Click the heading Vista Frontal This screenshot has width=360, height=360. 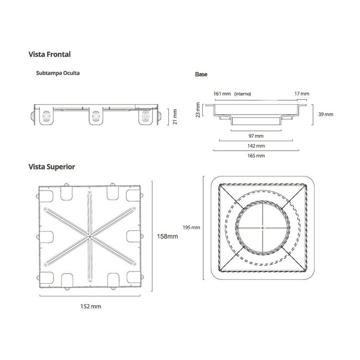(x=50, y=54)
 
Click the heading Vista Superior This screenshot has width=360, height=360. (x=52, y=167)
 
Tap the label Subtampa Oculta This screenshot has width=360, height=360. (x=58, y=73)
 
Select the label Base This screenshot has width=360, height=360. (x=201, y=74)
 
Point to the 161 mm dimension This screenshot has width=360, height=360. (x=222, y=94)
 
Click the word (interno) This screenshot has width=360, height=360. (x=243, y=94)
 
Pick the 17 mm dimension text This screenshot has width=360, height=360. (x=302, y=94)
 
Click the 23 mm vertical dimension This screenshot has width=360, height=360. (x=198, y=110)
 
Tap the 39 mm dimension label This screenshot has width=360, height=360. (x=326, y=114)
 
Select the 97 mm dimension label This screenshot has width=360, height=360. (x=256, y=136)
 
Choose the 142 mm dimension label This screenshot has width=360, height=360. (x=256, y=146)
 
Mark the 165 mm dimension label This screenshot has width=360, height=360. (x=256, y=156)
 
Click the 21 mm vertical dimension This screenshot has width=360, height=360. (x=175, y=117)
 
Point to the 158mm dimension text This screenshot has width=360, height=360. (x=167, y=236)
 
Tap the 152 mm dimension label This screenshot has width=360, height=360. (x=91, y=306)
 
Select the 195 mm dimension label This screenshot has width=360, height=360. (x=191, y=228)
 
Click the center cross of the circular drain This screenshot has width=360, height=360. (x=263, y=228)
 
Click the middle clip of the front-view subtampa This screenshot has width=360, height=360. (x=96, y=116)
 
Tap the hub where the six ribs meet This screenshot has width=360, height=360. (x=90, y=236)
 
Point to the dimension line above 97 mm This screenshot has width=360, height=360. (x=256, y=131)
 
